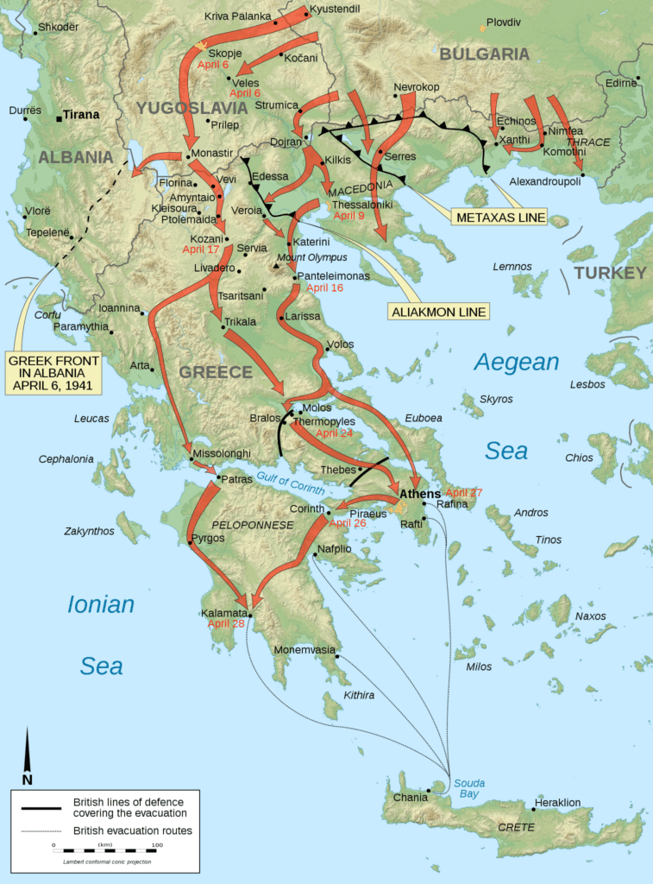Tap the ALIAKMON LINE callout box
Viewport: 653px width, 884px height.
click(440, 311)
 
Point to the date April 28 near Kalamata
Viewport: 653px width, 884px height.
click(226, 623)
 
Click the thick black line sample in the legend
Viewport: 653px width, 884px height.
click(36, 807)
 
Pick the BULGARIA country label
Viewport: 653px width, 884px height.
click(484, 54)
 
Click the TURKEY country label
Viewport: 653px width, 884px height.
click(610, 273)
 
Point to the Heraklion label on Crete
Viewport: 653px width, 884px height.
click(557, 802)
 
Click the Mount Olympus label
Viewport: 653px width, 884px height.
click(311, 257)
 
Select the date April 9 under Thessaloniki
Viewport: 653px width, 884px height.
click(348, 216)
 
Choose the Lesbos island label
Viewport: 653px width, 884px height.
click(587, 384)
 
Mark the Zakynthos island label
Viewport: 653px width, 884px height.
click(89, 531)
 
